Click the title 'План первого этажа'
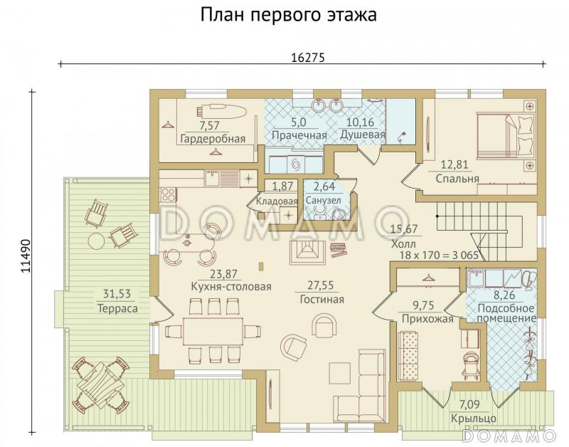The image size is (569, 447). coord(287,15)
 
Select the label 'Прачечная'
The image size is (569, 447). coord(299,135)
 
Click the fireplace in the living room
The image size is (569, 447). coord(308,251)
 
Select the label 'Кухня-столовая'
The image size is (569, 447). coord(231,287)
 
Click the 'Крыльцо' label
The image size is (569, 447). coord(473,418)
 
